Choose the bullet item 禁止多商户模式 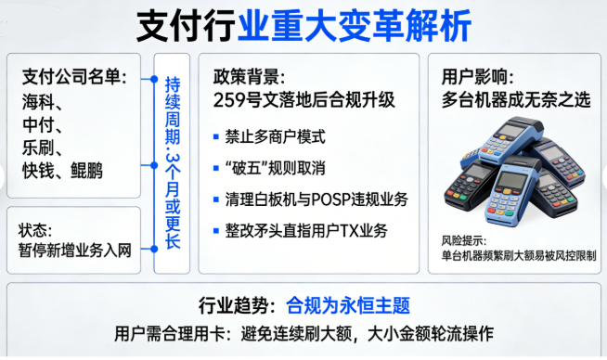(x=275, y=136)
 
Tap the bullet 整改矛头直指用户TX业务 (x=305, y=230)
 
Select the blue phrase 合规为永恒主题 (x=347, y=305)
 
